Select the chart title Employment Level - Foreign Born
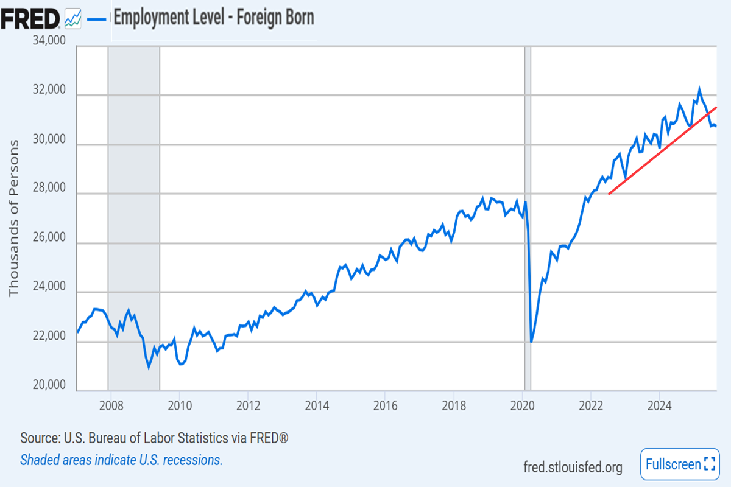point(214,18)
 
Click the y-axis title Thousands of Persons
point(14,218)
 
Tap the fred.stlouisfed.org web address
point(573,467)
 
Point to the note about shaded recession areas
point(121,460)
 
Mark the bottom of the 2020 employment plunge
point(531,342)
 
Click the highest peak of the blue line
point(699,89)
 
